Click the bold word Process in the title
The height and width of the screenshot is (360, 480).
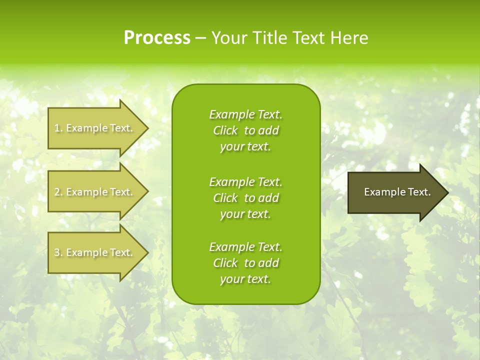[x=157, y=38]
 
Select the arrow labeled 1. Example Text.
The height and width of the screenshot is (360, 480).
[x=95, y=128]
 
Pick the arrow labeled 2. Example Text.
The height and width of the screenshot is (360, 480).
[x=95, y=192]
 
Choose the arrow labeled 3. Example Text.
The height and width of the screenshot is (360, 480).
[x=95, y=252]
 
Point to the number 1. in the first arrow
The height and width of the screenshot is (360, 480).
[x=58, y=128]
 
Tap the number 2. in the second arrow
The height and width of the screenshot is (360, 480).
[x=58, y=192]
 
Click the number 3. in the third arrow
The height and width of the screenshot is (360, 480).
[x=58, y=252]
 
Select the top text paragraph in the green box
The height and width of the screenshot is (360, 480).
[x=245, y=130]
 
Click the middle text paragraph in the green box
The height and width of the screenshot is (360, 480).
[x=245, y=198]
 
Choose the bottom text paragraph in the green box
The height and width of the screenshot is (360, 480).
[x=245, y=263]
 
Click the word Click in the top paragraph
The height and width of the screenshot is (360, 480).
[x=225, y=130]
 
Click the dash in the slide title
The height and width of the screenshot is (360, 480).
[x=200, y=38]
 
